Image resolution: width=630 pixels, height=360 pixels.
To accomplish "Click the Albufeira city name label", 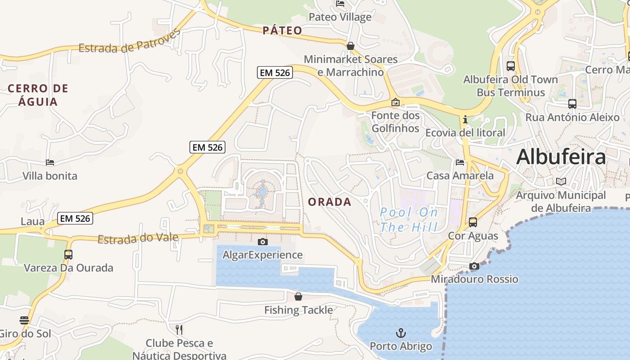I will (x=561, y=157).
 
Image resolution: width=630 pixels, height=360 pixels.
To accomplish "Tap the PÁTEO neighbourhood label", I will (x=283, y=31).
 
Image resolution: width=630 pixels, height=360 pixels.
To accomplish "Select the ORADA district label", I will (x=329, y=202).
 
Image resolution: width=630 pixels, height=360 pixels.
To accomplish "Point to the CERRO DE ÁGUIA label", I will (x=38, y=95).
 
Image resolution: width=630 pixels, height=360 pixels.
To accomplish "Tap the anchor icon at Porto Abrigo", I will (x=400, y=333).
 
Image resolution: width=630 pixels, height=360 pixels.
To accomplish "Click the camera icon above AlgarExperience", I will (x=263, y=242).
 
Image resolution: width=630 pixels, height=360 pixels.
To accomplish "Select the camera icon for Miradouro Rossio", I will (x=474, y=266).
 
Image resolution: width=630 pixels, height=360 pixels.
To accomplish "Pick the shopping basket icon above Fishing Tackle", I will (x=298, y=297).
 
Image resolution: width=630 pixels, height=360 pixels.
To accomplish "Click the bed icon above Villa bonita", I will (x=50, y=162).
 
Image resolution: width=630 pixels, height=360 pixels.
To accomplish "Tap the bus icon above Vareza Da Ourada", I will (x=68, y=255).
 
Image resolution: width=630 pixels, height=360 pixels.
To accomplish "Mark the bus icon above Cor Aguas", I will (x=473, y=222).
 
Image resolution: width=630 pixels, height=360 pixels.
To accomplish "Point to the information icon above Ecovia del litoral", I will (x=465, y=120).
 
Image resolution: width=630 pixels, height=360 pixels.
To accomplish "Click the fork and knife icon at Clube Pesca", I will (x=179, y=330).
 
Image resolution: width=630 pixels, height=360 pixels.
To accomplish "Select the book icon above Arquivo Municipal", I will (x=561, y=182).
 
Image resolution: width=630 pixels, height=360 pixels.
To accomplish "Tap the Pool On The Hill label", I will (x=409, y=220).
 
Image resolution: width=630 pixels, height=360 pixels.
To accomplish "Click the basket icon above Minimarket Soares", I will (x=351, y=46).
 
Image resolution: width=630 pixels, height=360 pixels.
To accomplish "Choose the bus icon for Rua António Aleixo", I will (x=572, y=104).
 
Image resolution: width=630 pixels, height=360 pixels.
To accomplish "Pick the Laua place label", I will (x=33, y=221).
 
